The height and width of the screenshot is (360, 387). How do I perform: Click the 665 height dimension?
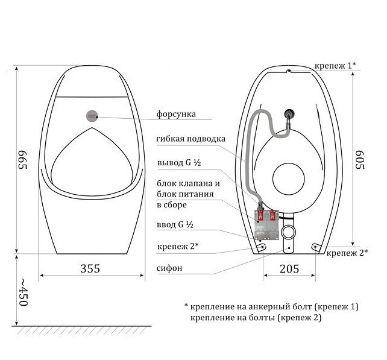pyautogui.click(x=22, y=160)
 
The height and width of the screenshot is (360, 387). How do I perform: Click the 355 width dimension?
pyautogui.click(x=90, y=268)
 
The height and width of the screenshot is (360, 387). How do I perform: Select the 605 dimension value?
pyautogui.click(x=360, y=160)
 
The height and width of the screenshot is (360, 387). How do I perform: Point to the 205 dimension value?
pyautogui.click(x=289, y=269)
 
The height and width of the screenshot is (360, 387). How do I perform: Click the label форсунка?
pyautogui.click(x=176, y=114)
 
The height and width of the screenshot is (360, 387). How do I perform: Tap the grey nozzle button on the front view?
pyautogui.click(x=92, y=116)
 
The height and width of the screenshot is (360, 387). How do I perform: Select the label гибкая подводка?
pyautogui.click(x=190, y=139)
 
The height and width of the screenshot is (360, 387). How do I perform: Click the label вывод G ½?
pyautogui.click(x=179, y=163)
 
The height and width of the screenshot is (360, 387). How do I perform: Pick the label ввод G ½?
pyautogui.click(x=175, y=225)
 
